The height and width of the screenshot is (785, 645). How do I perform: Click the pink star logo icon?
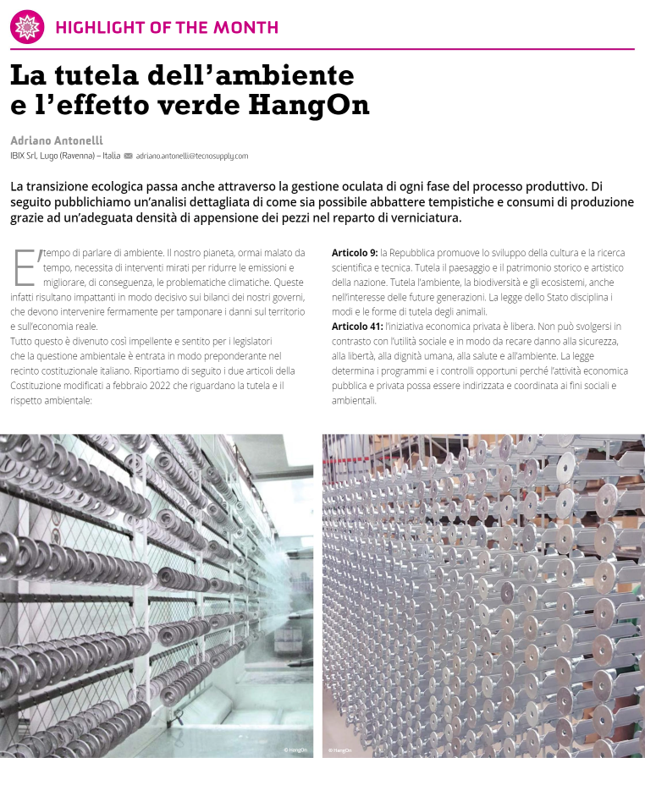27,27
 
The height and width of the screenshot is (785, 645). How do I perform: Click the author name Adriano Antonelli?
57,140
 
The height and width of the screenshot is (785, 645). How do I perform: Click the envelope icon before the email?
129,156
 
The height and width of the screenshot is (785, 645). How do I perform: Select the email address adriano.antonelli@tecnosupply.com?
192,156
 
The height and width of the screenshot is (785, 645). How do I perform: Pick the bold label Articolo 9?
355,253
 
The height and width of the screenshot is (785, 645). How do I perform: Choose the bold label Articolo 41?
357,327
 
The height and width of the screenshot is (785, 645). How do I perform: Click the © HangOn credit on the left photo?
296,749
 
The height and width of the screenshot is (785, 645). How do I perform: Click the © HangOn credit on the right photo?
340,749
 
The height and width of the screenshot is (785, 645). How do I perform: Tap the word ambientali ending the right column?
353,400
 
